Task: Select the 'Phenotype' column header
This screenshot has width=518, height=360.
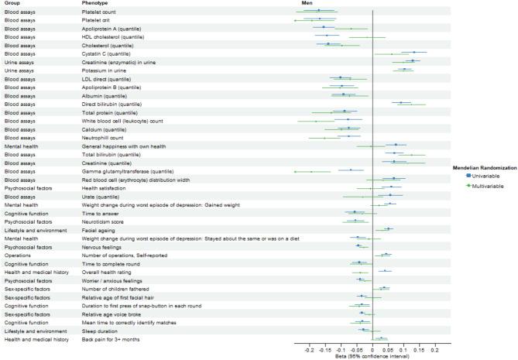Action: coord(96,3)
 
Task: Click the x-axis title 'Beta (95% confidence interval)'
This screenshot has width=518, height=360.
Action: coord(372,356)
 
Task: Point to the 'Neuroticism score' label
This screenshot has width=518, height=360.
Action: coord(104,221)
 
